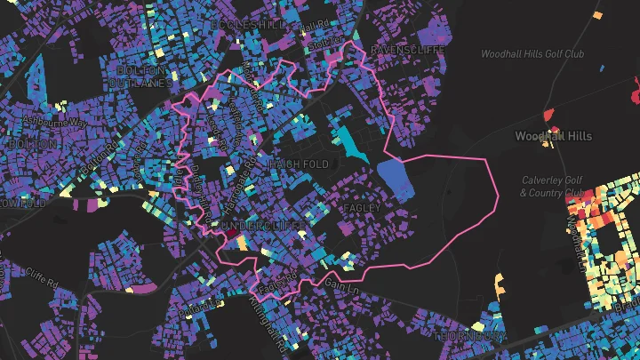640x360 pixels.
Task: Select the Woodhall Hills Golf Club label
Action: tap(532, 54)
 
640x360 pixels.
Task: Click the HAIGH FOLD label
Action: tap(299, 165)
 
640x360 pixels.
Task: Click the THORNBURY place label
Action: tap(471, 337)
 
